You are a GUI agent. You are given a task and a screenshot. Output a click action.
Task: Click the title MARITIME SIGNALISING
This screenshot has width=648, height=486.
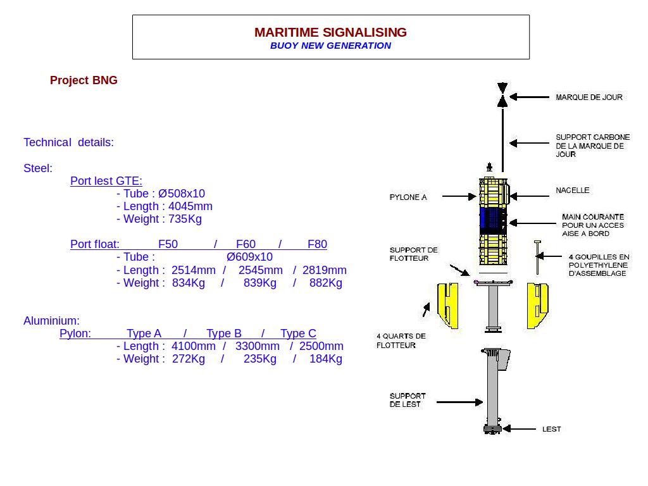[x=330, y=32]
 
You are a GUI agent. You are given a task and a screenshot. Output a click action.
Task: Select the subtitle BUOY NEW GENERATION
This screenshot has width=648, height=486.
[x=330, y=46]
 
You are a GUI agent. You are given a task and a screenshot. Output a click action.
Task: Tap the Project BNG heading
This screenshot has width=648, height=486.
[x=84, y=80]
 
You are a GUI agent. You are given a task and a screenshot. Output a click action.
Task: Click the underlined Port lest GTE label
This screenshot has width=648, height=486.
[x=106, y=181]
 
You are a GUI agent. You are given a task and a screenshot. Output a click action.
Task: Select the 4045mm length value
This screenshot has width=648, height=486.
[x=190, y=206]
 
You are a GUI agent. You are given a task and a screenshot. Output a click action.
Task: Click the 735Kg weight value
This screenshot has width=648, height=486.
[x=185, y=219]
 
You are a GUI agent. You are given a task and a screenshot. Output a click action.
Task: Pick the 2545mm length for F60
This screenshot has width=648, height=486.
[x=261, y=270]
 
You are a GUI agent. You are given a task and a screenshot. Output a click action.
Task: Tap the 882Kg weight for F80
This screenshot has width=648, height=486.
[x=326, y=283]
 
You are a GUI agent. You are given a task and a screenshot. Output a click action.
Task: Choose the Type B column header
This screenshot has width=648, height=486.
[x=224, y=333]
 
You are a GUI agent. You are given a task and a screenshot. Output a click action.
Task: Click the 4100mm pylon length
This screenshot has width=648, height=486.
[x=194, y=346]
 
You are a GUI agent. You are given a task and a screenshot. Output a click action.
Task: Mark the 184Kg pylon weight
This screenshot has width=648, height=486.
[x=326, y=359]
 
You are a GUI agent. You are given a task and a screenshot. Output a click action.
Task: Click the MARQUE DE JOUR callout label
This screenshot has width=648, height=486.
[x=589, y=97]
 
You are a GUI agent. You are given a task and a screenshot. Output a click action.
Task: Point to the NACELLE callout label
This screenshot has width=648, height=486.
[x=573, y=190]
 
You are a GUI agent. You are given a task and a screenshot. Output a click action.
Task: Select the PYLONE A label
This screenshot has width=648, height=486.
[x=408, y=197]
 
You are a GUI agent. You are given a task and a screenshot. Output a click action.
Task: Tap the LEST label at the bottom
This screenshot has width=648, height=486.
[x=552, y=429]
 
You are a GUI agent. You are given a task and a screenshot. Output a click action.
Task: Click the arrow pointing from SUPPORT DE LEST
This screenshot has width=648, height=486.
[x=459, y=402]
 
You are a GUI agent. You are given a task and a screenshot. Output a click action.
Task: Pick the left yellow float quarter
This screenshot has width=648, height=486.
[x=448, y=306]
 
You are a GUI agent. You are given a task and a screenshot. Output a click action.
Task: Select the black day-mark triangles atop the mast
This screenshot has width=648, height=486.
[x=502, y=94]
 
